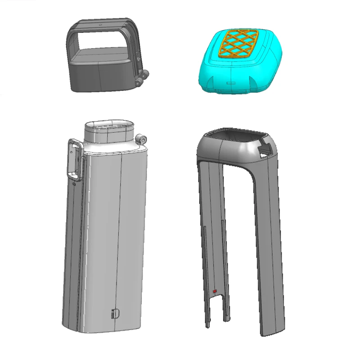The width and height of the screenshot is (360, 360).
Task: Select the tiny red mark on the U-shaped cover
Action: [x=215, y=292]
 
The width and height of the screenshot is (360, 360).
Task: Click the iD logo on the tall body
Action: [x=114, y=313]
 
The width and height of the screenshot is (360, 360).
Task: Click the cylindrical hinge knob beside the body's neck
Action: [x=143, y=140]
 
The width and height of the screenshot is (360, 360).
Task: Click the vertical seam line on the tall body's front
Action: [x=122, y=225]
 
